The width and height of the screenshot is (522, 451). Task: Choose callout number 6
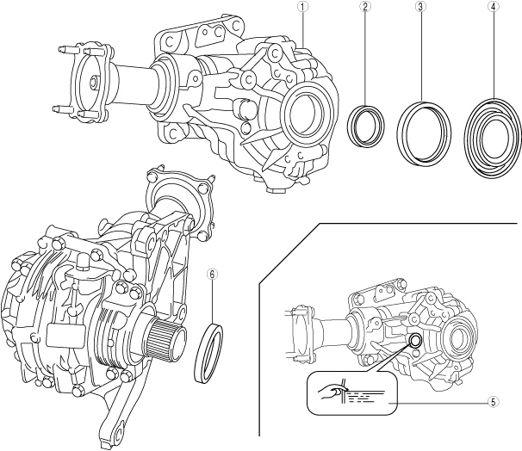point(213,275)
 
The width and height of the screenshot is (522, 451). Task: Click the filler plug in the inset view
point(414,341)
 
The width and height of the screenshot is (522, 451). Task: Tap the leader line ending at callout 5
point(439,402)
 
